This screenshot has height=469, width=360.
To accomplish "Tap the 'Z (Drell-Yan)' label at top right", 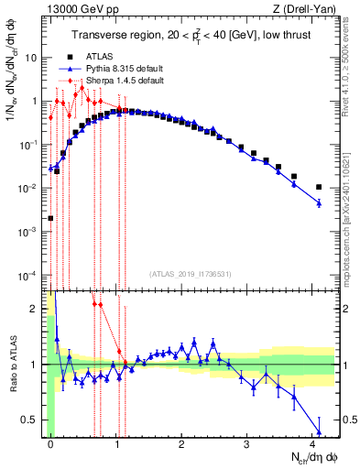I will coord(306,10).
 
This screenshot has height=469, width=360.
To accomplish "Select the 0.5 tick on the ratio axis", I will coord(30,420).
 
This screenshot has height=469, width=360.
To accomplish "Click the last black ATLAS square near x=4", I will coord(319,187).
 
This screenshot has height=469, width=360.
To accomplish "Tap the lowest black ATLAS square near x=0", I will coord(50,218).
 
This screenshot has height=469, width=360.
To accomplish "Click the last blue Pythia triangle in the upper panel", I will coord(319,202).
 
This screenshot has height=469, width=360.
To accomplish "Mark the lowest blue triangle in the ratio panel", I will coord(319,431).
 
